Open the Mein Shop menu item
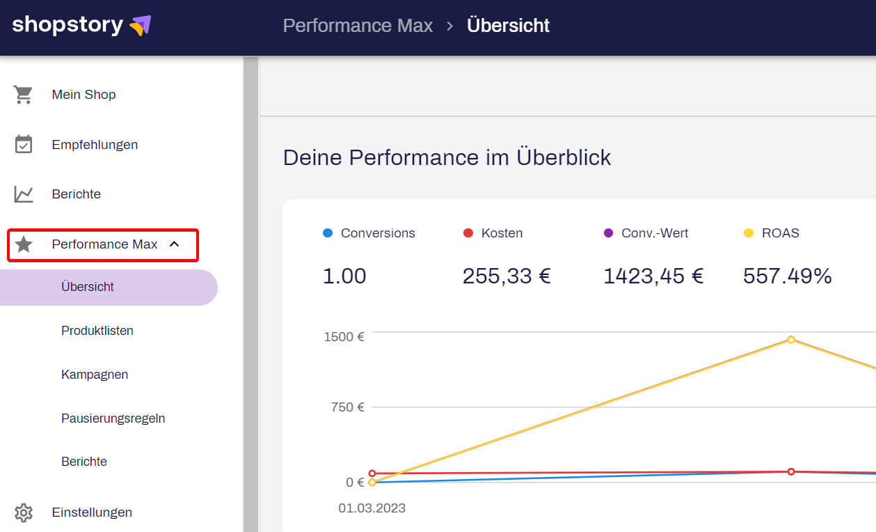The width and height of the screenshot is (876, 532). [83, 95]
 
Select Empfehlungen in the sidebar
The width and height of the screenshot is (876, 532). [95, 145]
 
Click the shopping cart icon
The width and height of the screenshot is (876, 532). [24, 95]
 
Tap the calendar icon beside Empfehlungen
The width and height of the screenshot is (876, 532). [24, 145]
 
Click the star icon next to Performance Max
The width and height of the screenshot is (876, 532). [24, 244]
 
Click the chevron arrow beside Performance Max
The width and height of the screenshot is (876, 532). [175, 244]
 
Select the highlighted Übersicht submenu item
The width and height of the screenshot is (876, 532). [88, 287]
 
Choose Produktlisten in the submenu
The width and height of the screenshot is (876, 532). [97, 331]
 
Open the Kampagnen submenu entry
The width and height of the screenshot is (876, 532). [95, 375]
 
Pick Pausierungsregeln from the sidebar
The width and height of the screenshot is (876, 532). [113, 418]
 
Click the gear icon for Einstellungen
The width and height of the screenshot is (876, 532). [24, 513]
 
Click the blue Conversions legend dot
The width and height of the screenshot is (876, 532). [328, 233]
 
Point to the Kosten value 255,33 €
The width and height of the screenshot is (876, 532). [507, 276]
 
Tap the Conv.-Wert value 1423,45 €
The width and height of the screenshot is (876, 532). [653, 276]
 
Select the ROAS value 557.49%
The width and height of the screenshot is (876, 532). [787, 276]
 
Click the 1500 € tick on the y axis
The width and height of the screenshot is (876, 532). [344, 337]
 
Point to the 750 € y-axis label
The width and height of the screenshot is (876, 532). [347, 407]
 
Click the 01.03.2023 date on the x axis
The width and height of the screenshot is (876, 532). [372, 508]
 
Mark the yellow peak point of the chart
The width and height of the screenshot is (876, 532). [791, 340]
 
